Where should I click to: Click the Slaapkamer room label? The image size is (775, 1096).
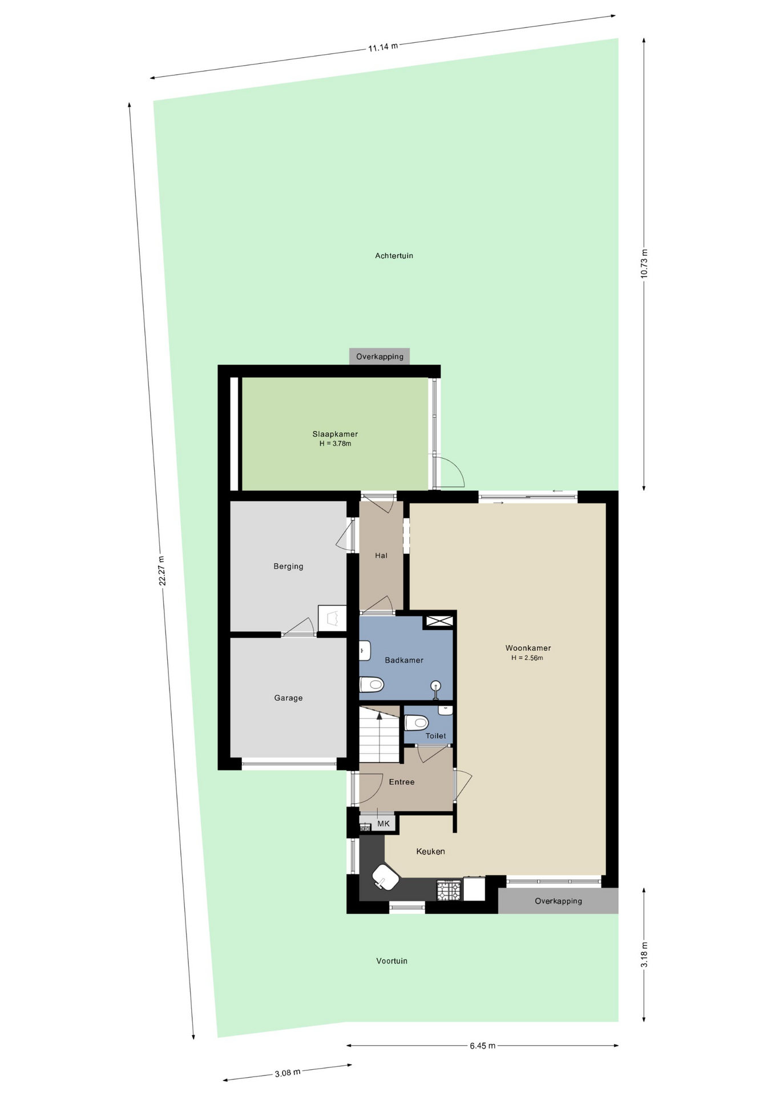pos(335,434)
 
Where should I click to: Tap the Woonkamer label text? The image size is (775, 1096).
pos(528,648)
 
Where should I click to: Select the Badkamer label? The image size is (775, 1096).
pos(404,660)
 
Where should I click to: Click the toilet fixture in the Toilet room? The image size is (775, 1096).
pos(416,723)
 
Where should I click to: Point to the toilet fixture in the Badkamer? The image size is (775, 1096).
pos(372,684)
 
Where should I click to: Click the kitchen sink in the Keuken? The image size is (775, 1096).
pos(386,876)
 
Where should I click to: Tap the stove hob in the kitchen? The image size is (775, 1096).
pos(449,890)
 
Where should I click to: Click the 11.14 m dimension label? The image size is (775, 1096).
pos(383,47)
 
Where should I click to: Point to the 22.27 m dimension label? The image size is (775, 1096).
pos(162,570)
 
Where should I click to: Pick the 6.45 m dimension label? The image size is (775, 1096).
pos(482,1045)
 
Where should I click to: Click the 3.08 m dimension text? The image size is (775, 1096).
pos(288,1073)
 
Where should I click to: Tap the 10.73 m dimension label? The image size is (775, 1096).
pos(644,263)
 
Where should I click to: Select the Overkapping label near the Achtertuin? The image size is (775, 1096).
pos(380,356)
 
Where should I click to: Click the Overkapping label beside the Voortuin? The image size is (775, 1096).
pos(558,901)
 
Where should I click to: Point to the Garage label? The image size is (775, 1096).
pos(288,698)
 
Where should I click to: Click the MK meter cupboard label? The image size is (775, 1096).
pos(384,823)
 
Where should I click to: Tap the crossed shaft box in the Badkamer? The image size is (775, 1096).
pos(439,621)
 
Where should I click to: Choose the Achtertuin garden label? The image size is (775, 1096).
pos(394,256)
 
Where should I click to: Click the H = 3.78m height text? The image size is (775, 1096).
pos(335,444)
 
